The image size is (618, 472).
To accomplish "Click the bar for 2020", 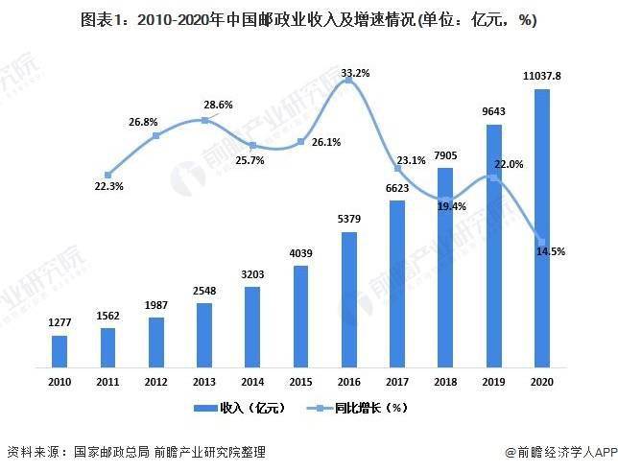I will (542, 228).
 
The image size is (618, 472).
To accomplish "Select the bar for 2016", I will (349, 299).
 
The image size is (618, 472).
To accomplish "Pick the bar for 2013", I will (204, 335).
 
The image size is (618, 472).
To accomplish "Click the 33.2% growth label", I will (355, 73).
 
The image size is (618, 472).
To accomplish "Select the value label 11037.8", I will (541, 76).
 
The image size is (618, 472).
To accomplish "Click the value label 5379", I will (349, 220).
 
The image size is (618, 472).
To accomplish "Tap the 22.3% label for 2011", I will (107, 186).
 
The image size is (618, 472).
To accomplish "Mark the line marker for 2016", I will (349, 83).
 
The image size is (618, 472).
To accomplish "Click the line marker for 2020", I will (542, 241).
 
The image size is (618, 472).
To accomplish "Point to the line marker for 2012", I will (155, 135).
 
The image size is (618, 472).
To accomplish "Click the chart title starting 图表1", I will (308, 19).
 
